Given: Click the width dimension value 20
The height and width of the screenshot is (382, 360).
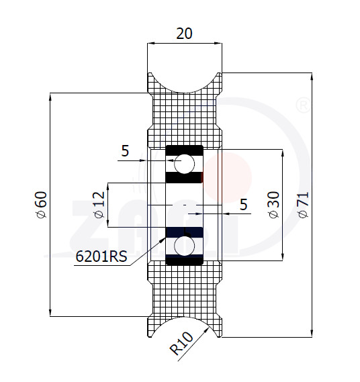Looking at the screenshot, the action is [x=184, y=34].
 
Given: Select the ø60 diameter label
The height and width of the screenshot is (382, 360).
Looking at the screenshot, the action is [x=41, y=205].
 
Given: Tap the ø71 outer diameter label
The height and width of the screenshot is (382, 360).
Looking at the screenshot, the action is [x=303, y=205].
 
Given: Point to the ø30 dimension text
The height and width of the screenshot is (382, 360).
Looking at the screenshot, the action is [x=274, y=205].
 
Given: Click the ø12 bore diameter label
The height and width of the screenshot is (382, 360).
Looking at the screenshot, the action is [x=99, y=205].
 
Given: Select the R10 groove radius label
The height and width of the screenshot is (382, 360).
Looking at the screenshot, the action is [x=181, y=343].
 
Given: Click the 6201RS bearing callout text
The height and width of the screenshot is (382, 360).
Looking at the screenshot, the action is [x=101, y=256].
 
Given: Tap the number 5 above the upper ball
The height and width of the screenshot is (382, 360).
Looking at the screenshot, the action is [x=125, y=151].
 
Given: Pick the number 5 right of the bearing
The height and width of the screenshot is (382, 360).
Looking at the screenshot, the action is [x=244, y=204].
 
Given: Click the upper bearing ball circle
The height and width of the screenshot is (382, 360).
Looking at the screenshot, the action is [x=184, y=163].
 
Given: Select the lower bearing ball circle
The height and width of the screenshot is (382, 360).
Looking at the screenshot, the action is [x=184, y=246].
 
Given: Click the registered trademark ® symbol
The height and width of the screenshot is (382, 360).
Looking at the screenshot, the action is [x=303, y=105].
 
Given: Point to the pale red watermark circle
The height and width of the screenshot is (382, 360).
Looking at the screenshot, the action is [x=227, y=177].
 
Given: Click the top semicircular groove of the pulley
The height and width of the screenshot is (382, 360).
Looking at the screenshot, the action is [x=185, y=92].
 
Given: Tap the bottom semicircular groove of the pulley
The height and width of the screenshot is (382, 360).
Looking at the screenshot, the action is [x=185, y=317].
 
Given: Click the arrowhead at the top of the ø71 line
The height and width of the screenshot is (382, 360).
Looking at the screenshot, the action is [x=312, y=77].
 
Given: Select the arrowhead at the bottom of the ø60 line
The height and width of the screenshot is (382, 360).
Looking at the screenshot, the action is [x=50, y=313].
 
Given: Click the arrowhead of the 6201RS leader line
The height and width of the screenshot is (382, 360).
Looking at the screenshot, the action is [x=163, y=240].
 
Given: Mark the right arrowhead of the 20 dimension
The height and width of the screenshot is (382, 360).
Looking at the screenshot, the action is [x=218, y=44].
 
